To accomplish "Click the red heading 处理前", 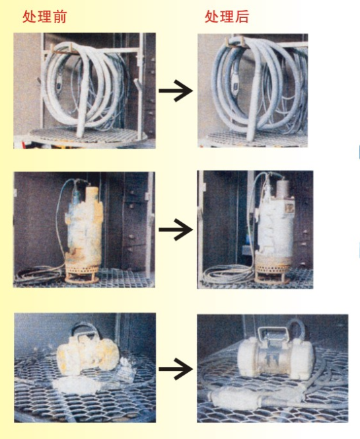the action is pos(44,17).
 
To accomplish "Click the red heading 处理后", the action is pos(227,17).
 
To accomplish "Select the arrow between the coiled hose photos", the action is pos(176,91).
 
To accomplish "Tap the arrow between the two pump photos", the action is pos(176,229).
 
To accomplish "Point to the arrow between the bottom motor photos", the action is pos(176,369).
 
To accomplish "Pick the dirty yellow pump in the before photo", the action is pos(84,232).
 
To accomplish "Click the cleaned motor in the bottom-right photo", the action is pos(275,356).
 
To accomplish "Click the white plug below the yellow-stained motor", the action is pos(73,386).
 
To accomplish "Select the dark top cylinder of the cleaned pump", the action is pos(284,188).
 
